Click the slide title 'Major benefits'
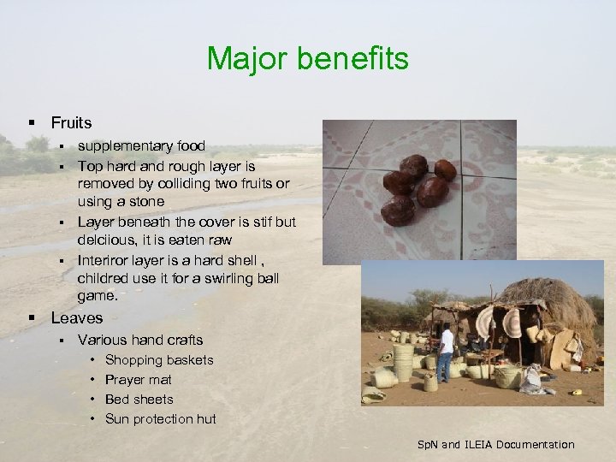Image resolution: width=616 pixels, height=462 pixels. pos(308,59)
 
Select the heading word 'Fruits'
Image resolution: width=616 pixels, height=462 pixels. pos(71,123)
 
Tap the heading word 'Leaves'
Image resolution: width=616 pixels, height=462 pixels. pos(76,318)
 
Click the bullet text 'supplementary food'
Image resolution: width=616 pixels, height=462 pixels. pos(141,146)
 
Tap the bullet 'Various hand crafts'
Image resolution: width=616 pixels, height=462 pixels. pos(140,341)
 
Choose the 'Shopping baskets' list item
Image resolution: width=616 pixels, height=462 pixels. pos(159,360)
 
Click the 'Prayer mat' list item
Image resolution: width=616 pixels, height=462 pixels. pos(138,380)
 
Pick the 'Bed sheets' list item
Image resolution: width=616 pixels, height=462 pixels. pos(139,400)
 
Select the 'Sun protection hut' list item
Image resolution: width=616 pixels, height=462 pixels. pos(160,419)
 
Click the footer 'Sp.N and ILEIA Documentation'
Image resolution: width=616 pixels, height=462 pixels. pos(495,444)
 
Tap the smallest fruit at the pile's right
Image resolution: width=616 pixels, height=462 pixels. pos(445,169)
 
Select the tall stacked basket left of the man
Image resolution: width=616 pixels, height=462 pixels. pos(404,359)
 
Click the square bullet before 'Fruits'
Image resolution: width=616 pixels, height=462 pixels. pos(32,124)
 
